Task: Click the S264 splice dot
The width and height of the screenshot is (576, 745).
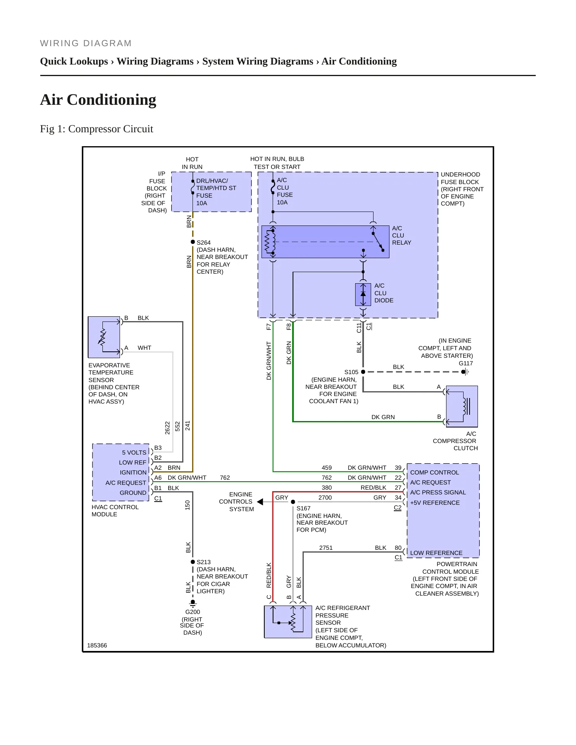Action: coord(193,242)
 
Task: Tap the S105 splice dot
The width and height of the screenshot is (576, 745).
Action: coord(363,372)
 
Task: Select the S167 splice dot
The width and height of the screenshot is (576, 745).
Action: coord(293,502)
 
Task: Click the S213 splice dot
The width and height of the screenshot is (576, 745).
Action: coord(193,562)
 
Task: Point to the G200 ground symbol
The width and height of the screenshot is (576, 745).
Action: coord(193,603)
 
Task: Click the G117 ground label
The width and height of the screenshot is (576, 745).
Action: coord(466,363)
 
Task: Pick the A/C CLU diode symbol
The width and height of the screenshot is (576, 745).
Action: coord(363,294)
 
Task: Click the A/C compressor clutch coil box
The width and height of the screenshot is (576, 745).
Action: coord(462,406)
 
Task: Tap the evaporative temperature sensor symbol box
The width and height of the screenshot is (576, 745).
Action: coord(104,337)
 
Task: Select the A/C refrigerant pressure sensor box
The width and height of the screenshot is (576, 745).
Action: coord(288,622)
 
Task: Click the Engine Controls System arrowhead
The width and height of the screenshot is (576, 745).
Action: coord(260,502)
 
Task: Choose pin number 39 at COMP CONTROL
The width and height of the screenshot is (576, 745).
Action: coord(398,468)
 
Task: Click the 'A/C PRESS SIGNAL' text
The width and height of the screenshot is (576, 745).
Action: coord(438,492)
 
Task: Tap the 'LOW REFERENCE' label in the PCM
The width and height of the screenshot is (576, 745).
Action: coord(436,553)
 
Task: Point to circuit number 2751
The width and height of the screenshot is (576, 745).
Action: coord(326,548)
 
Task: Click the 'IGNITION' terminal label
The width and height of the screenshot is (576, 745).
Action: coord(133,472)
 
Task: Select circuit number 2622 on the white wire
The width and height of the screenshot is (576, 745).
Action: coord(167,428)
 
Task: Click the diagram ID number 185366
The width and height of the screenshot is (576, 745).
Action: coord(97,645)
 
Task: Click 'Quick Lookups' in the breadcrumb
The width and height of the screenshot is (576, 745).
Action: coord(74,61)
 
